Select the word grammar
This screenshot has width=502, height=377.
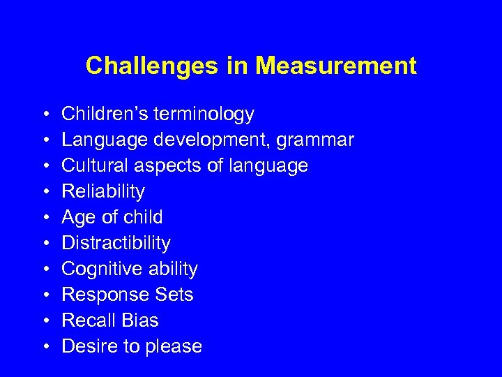click(x=315, y=141)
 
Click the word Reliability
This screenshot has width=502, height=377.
click(x=103, y=192)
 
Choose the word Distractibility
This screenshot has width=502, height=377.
click(x=116, y=243)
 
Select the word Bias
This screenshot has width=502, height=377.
click(x=139, y=320)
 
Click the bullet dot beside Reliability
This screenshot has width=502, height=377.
click(x=44, y=192)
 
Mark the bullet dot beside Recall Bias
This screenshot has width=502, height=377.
click(x=44, y=321)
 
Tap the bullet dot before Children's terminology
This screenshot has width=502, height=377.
click(x=44, y=114)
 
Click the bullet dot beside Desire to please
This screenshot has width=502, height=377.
click(x=44, y=347)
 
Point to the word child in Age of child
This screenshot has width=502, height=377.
click(x=143, y=217)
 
